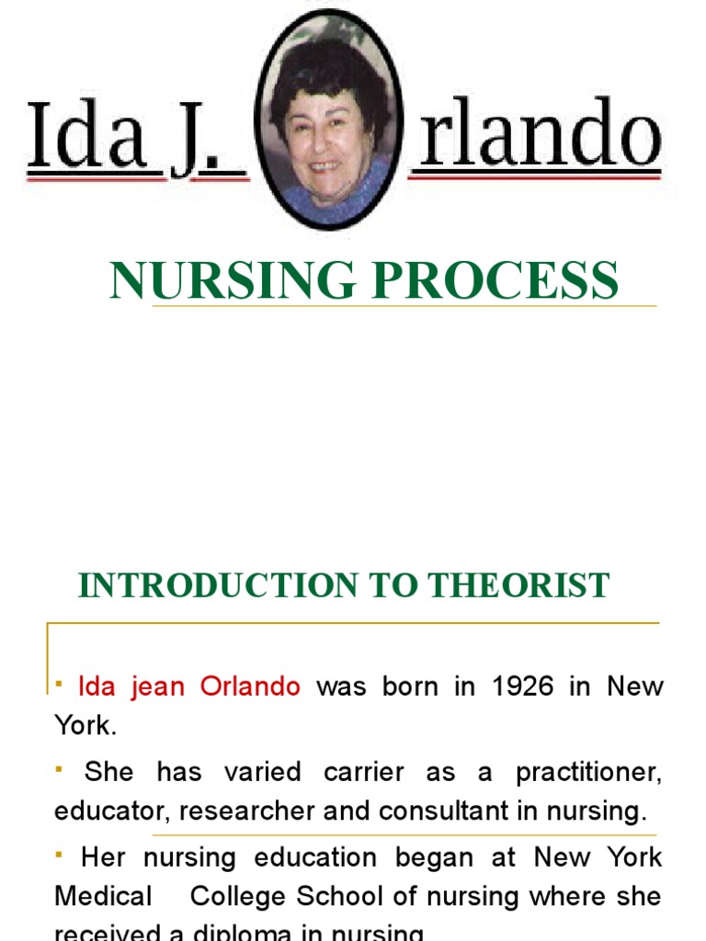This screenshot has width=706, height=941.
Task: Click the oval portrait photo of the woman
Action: [x=328, y=119]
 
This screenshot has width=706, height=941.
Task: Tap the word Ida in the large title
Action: [x=86, y=135]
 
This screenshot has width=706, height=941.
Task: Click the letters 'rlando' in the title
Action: [x=539, y=135]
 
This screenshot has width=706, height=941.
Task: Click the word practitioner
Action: [x=588, y=772]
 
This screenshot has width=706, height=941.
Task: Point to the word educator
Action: [x=112, y=811]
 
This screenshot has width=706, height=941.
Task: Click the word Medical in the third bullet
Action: [x=103, y=896]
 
